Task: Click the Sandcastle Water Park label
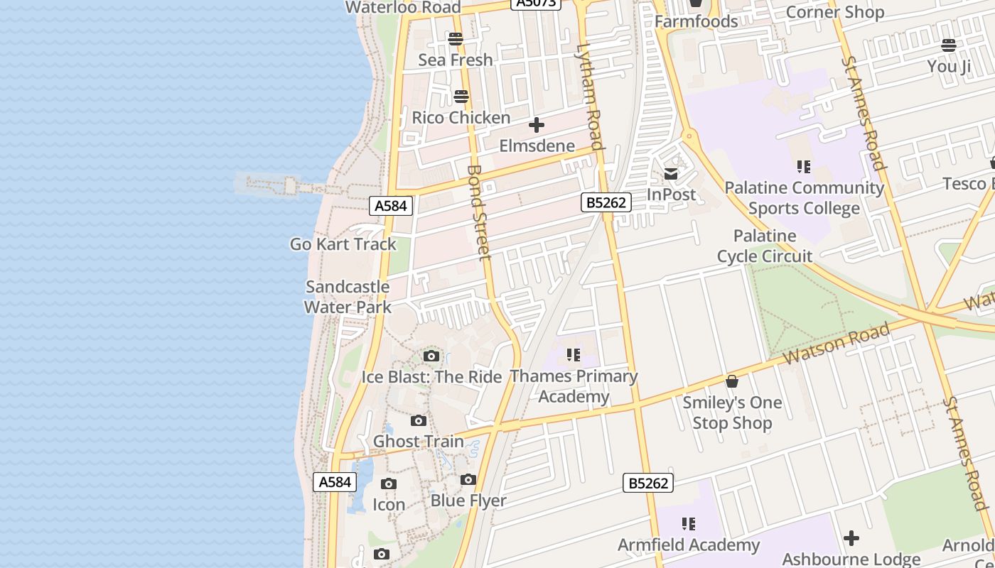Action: (348, 297)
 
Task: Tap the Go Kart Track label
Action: (343, 244)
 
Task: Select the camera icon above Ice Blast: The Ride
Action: (431, 356)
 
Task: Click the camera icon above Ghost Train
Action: (419, 421)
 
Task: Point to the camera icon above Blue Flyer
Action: (468, 480)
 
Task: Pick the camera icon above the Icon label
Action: (389, 484)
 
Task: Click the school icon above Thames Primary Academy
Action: (574, 354)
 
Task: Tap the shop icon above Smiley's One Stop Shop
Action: (732, 382)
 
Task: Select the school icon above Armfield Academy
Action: (688, 524)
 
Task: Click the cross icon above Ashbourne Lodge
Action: (851, 538)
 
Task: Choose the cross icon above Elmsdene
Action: (537, 126)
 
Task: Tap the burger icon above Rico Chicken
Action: (461, 97)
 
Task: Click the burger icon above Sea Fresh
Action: (456, 39)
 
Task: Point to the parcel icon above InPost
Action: (671, 174)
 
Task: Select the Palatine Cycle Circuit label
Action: (765, 246)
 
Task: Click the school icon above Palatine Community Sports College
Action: (804, 167)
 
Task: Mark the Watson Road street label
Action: (837, 344)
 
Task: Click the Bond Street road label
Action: (479, 212)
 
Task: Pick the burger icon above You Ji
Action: (949, 46)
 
